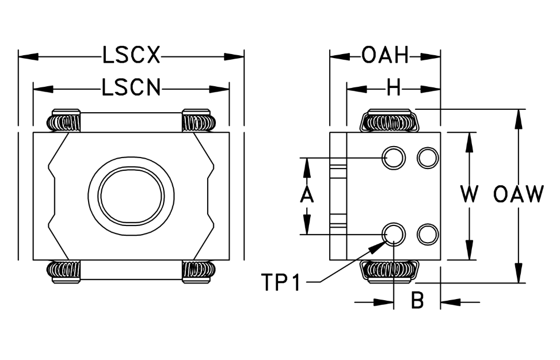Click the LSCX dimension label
point(131,56)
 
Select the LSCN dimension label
point(131,88)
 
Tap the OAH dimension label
point(384,56)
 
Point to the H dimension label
point(394,88)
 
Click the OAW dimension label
point(519,194)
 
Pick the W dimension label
point(469,194)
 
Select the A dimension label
point(306,196)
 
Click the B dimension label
point(417,300)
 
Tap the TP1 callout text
point(281,282)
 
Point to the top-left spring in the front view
point(64,120)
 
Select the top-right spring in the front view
point(199,120)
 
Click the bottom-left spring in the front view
point(64,272)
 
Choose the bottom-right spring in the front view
point(199,272)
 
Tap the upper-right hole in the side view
point(428,158)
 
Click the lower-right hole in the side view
point(428,235)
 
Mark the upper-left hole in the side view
point(394,158)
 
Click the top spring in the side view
point(390,120)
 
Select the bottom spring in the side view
point(390,272)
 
